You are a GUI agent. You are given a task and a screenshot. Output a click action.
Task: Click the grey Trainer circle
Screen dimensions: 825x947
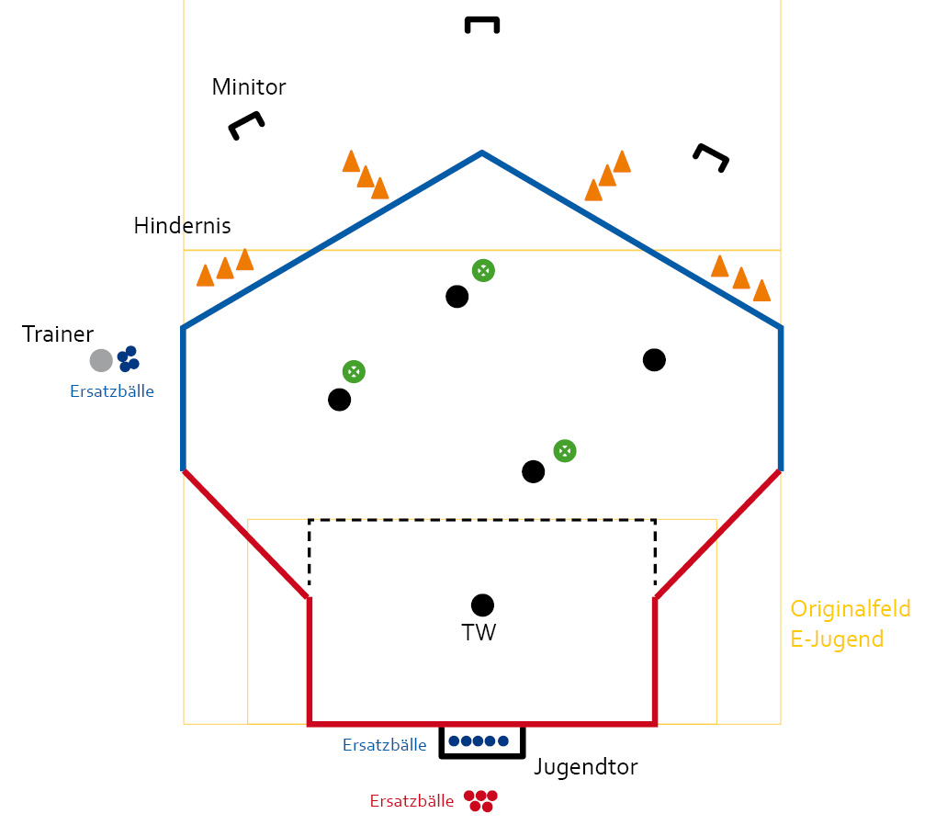click(x=101, y=360)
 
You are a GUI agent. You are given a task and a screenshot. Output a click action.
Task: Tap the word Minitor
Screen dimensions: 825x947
click(x=249, y=87)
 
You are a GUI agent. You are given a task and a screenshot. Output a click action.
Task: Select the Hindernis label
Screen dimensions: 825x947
click(x=182, y=225)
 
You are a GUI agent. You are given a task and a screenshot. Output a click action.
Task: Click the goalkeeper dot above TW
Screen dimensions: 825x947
click(x=482, y=605)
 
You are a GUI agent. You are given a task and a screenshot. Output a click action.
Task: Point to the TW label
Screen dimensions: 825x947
click(x=479, y=632)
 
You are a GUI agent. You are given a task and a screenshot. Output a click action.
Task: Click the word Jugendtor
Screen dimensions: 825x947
click(x=585, y=767)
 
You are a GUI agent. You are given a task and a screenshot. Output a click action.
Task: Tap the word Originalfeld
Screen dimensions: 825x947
click(x=851, y=609)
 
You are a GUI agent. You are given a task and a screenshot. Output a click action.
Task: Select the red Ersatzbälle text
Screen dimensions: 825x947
click(x=411, y=801)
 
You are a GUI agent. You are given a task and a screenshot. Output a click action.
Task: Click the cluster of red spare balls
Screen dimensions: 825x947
click(x=480, y=799)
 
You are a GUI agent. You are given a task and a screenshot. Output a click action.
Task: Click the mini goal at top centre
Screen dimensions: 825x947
click(x=482, y=24)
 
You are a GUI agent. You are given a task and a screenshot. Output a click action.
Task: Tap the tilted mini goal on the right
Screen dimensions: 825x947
click(x=712, y=157)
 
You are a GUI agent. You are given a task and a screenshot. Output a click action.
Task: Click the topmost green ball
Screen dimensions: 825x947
click(x=483, y=270)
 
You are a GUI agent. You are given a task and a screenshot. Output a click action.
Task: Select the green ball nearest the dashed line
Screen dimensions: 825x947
click(x=565, y=450)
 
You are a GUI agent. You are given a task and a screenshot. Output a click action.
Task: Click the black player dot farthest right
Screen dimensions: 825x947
click(x=654, y=359)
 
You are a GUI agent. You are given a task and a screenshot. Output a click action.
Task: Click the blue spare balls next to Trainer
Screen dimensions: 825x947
click(x=128, y=359)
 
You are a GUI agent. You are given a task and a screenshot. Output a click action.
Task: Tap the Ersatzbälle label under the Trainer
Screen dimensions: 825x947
click(x=112, y=391)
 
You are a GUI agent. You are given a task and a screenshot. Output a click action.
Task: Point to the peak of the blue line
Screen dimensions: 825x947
click(x=481, y=153)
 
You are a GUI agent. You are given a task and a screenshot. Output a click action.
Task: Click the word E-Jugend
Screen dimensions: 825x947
click(x=837, y=639)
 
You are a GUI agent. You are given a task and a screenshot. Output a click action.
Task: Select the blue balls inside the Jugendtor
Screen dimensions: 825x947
click(x=479, y=740)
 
